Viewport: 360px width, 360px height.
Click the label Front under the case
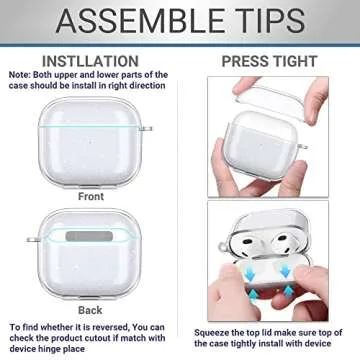click(x=90, y=197)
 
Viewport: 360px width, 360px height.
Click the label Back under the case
click(x=90, y=311)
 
